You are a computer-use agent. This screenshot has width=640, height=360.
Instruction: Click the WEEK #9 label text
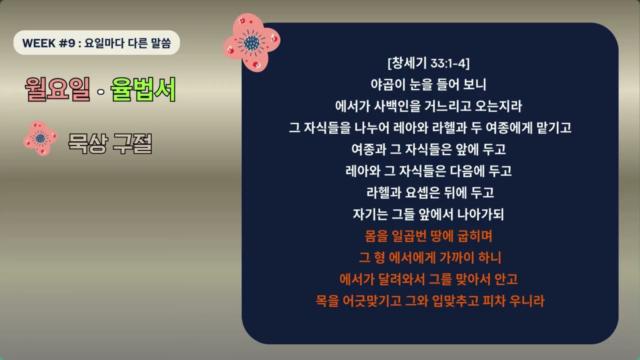click(x=48, y=43)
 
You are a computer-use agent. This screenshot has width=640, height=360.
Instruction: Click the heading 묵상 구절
click(x=110, y=144)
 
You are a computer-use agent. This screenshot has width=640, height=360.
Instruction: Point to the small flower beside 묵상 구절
click(x=40, y=138)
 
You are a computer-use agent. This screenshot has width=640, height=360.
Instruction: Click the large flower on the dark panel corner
click(x=251, y=42)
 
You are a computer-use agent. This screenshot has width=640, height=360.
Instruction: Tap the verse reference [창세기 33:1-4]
click(x=428, y=63)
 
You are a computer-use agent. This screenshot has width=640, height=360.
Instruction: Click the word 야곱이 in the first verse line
click(x=387, y=84)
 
